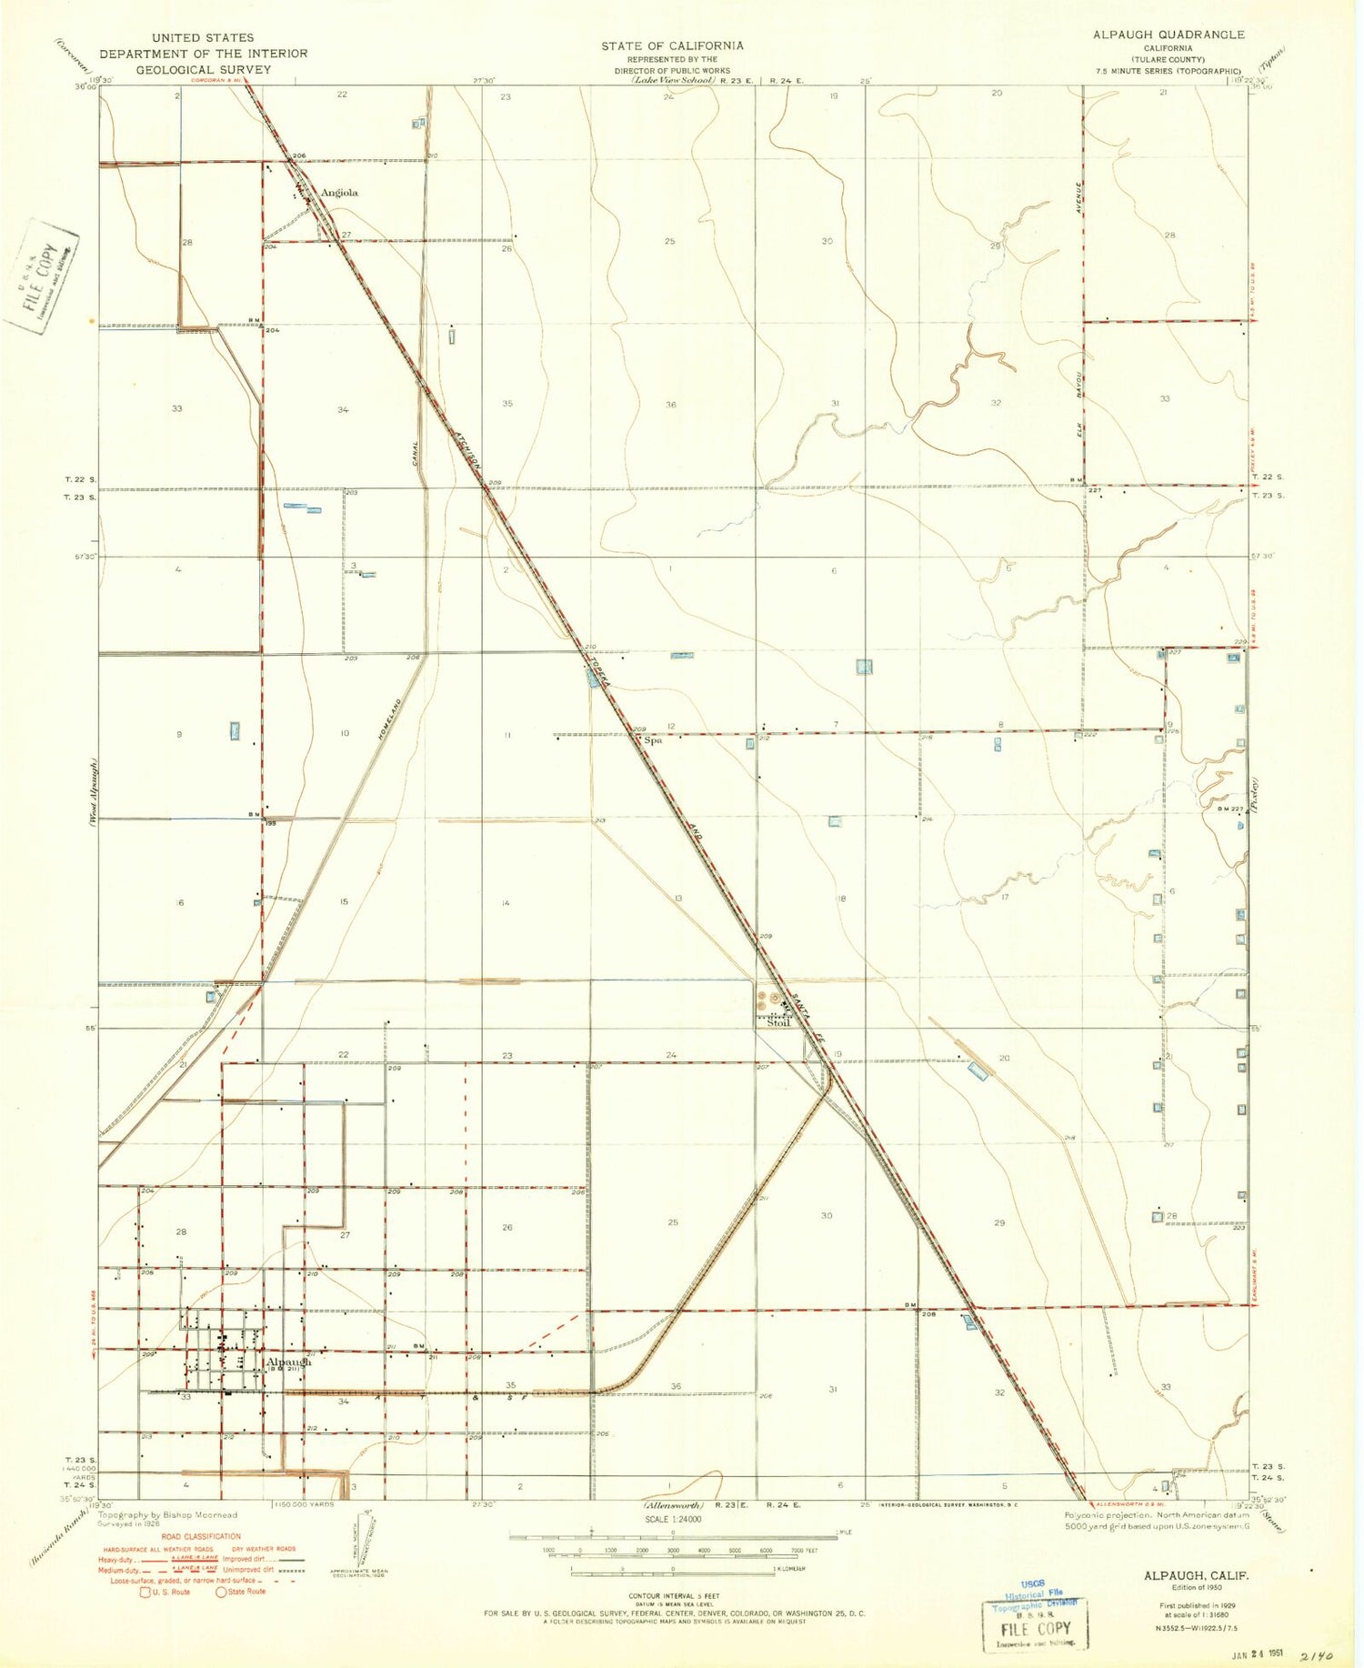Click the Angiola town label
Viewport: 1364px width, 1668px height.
pyautogui.click(x=339, y=193)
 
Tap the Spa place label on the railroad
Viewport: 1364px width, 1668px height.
pyautogui.click(x=653, y=740)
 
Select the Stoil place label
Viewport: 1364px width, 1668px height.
pyautogui.click(x=778, y=1022)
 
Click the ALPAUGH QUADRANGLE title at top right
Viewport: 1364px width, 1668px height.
pyautogui.click(x=1168, y=35)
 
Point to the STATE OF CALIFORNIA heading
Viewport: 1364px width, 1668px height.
pyautogui.click(x=672, y=45)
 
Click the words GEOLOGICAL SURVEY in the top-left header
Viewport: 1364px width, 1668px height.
pyautogui.click(x=203, y=69)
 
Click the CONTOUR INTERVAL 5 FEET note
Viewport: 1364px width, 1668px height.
pyautogui.click(x=673, y=1596)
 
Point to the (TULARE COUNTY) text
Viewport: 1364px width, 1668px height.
pyautogui.click(x=1168, y=60)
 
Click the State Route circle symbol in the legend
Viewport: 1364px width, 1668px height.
pyautogui.click(x=220, y=1592)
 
